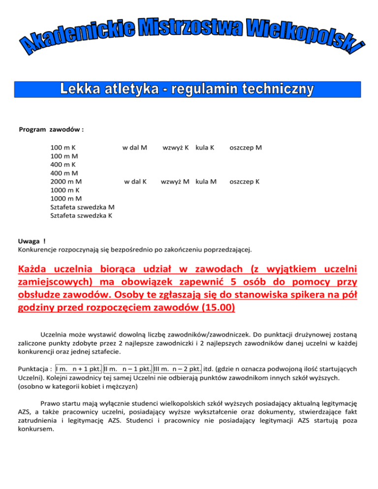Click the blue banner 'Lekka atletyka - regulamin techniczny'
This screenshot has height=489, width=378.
pyautogui.click(x=189, y=89)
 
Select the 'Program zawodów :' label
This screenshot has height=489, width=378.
pyautogui.click(x=51, y=130)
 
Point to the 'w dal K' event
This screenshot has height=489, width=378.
pyautogui.click(x=135, y=182)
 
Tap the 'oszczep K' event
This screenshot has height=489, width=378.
pyautogui.click(x=245, y=182)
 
